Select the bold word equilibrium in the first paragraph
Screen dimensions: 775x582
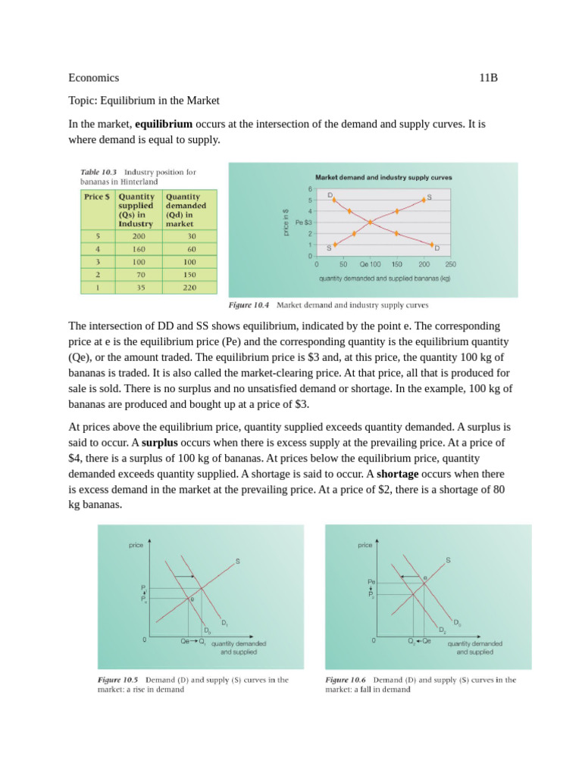163,123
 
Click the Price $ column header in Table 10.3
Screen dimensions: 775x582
97,196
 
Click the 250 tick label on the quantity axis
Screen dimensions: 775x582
450,265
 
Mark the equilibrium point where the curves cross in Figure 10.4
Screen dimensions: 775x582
370,222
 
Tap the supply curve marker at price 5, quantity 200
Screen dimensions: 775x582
424,199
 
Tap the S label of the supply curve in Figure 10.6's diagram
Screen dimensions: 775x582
448,560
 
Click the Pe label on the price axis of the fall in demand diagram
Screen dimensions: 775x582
371,582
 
